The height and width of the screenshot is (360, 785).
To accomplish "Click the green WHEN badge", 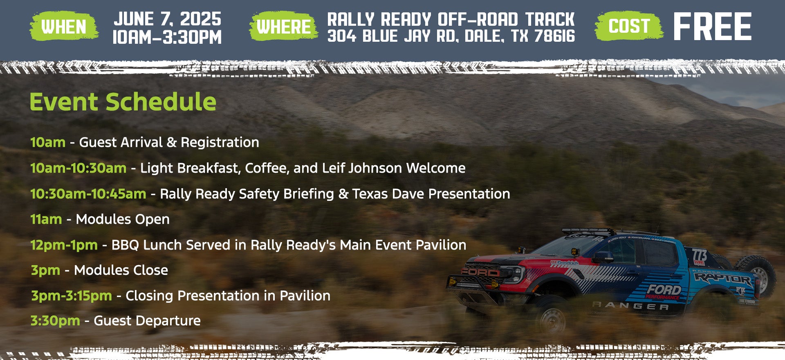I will pyautogui.click(x=64, y=27).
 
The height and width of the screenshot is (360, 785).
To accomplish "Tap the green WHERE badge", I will pyautogui.click(x=283, y=27).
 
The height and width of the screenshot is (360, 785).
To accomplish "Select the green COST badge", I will pyautogui.click(x=629, y=26).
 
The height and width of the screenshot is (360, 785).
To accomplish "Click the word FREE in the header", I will pyautogui.click(x=712, y=27).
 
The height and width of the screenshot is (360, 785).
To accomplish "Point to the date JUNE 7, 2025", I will pyautogui.click(x=167, y=19).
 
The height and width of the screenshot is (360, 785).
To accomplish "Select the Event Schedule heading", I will pyautogui.click(x=123, y=102).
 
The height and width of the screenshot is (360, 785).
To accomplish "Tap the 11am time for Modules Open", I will pyautogui.click(x=46, y=219).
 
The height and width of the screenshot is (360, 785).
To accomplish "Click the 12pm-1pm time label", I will pyautogui.click(x=64, y=245).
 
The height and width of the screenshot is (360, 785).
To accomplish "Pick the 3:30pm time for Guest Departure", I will pyautogui.click(x=55, y=321).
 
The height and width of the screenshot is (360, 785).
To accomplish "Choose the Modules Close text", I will pyautogui.click(x=121, y=270).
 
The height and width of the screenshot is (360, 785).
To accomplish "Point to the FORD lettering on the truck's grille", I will pyautogui.click(x=480, y=272).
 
